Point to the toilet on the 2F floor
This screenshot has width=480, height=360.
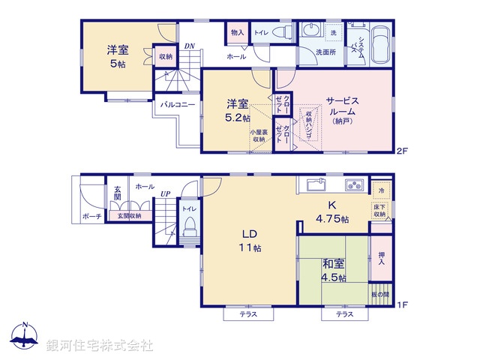coord(280,34)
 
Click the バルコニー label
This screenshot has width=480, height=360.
coord(177,105)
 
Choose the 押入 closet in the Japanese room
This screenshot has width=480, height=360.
coord(381,259)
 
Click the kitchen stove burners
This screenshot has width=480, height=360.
coord(353,184)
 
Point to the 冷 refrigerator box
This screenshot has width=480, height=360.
coord(380,190)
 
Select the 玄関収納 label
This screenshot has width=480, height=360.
coord(129,216)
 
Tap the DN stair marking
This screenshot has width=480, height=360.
coord(190,46)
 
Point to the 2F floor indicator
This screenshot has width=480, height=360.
coord(402,151)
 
